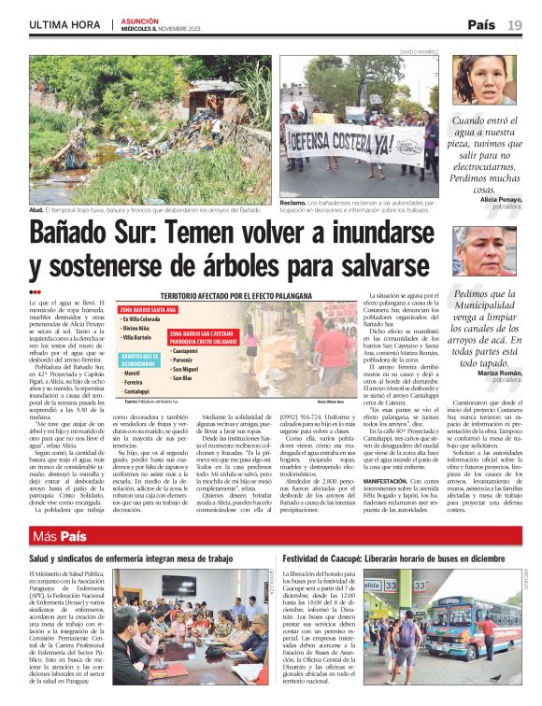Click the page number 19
515,24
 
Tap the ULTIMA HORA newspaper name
64,24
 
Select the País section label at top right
481,24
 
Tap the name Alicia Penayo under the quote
501,200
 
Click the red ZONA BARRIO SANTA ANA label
149,309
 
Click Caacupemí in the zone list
186,351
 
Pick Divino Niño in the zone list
138,328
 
